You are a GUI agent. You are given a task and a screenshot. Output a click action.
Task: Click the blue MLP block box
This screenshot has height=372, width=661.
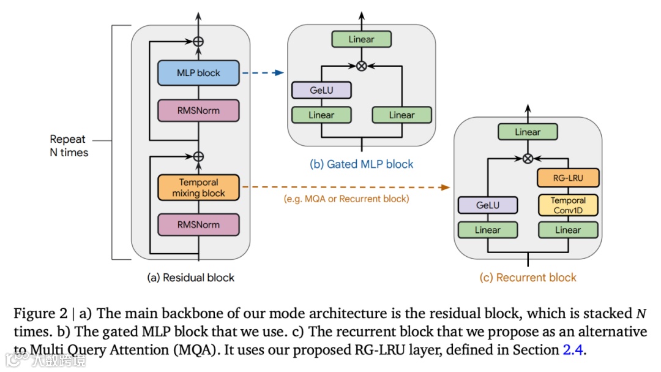tap(198, 73)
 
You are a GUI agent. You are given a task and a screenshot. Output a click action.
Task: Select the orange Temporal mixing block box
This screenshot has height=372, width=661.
tap(198, 188)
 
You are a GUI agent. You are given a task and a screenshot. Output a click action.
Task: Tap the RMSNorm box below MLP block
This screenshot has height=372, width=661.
tap(198, 110)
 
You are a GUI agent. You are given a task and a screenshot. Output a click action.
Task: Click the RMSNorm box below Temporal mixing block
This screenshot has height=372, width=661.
tap(198, 224)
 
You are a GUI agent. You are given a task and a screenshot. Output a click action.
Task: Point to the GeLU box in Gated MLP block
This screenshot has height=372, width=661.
tap(321, 90)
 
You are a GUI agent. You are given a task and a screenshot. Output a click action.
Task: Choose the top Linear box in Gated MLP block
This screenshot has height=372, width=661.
tap(361, 39)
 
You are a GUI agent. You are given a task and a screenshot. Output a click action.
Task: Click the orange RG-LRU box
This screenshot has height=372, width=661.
tap(568, 178)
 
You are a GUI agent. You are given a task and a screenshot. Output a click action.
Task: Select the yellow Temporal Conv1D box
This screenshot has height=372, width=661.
tap(568, 205)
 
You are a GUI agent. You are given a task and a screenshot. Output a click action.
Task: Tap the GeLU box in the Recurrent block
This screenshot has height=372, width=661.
tap(487, 205)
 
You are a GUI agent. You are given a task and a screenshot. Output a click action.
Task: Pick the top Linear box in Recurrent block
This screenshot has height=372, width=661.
tap(527, 132)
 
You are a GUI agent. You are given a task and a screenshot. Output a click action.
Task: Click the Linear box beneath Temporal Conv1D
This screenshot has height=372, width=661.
tap(568, 230)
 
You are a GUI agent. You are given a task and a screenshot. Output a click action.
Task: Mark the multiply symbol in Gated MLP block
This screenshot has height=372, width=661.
tap(361, 66)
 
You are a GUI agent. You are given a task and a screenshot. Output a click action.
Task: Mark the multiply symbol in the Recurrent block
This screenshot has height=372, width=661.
tap(527, 158)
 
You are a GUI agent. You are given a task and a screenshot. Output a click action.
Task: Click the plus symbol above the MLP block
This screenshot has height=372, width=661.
tap(198, 42)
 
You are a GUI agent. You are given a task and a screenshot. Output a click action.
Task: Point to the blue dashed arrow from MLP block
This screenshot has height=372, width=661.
tap(263, 73)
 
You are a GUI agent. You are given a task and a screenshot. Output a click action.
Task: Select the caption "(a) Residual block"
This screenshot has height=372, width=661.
tap(190, 278)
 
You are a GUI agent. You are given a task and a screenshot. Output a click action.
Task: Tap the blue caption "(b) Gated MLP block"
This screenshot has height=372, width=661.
tap(361, 164)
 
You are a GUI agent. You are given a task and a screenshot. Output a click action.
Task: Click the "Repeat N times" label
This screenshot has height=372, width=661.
tap(69, 146)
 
